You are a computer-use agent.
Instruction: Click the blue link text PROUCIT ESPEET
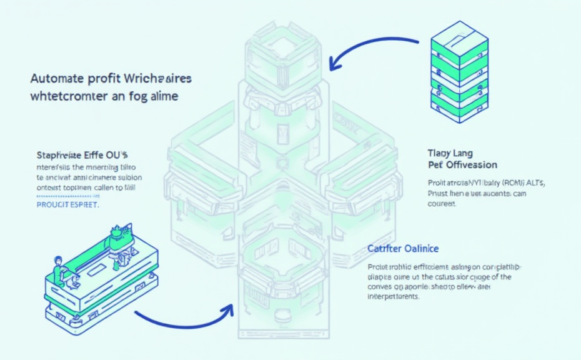[x=67, y=204]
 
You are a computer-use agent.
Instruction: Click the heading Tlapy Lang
[x=450, y=153]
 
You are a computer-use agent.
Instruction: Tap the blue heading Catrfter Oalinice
[x=403, y=249]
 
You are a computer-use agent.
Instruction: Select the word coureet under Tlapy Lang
[x=442, y=203]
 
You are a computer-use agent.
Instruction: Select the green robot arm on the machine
[x=117, y=237]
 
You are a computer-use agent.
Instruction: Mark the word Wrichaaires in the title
[x=159, y=79]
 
